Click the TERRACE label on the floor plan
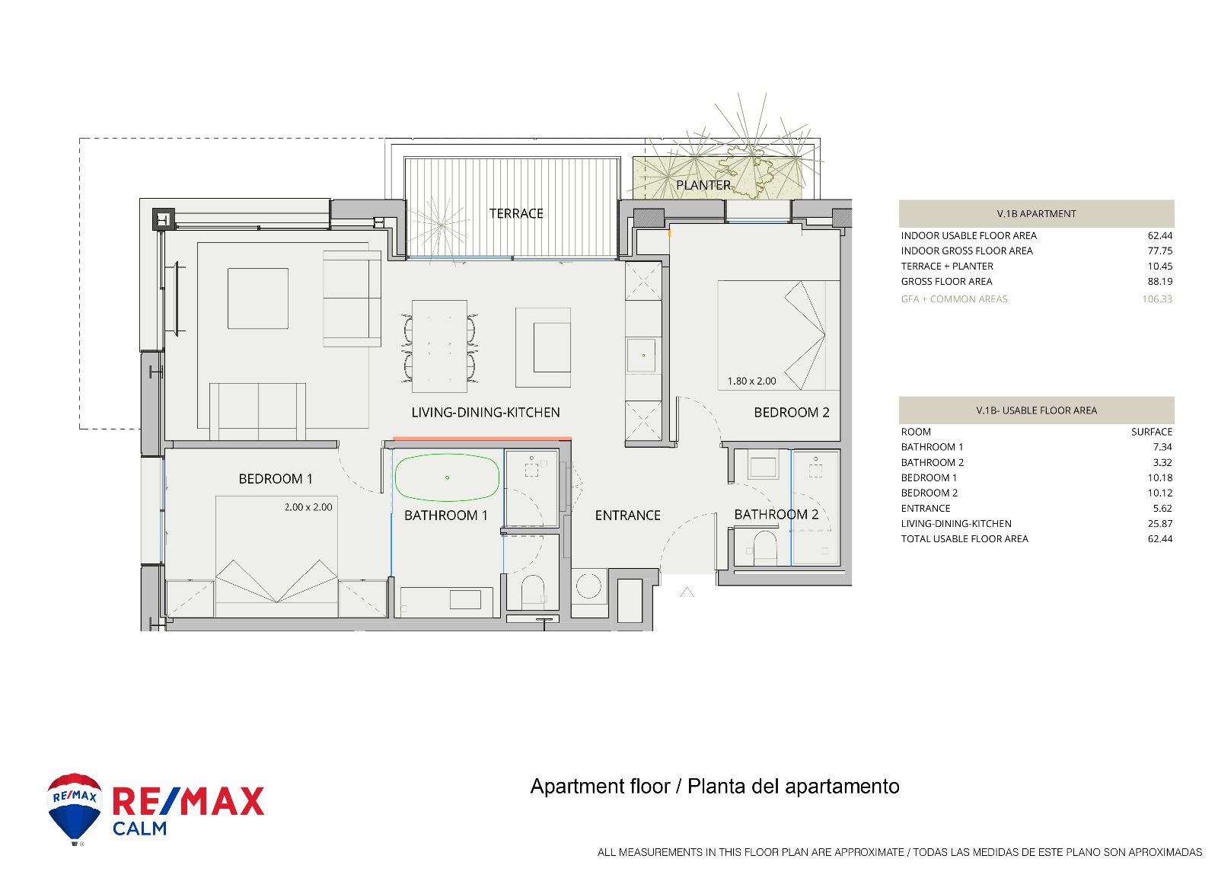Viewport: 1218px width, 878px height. (516, 213)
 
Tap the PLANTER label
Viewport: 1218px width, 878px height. (703, 186)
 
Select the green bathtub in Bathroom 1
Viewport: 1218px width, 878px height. (446, 477)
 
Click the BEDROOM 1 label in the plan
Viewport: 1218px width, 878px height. (276, 479)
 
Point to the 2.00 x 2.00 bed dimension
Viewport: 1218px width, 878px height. (308, 507)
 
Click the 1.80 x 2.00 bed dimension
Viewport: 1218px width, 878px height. (751, 382)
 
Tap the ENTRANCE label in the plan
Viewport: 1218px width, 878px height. (627, 516)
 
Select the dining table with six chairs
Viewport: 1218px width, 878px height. (439, 346)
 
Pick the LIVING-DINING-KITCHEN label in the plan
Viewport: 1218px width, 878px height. (486, 412)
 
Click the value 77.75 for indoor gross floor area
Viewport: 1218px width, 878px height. (1160, 251)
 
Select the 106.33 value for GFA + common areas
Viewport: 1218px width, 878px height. (1157, 299)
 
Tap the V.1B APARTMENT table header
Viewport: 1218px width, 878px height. (1036, 214)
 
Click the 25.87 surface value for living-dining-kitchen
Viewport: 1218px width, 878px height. (1160, 523)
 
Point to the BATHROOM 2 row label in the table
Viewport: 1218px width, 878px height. (932, 462)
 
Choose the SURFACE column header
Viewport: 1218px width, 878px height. (1152, 432)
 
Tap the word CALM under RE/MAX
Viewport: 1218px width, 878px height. (140, 829)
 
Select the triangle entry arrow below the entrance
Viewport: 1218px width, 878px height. (687, 592)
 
